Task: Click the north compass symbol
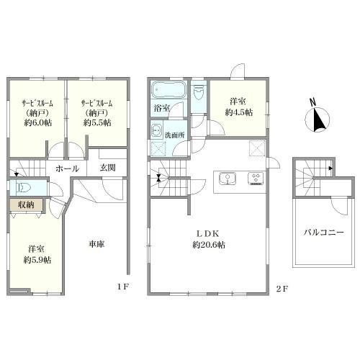tap(317, 120)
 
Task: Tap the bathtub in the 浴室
tap(168, 89)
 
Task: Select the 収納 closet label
tap(26, 205)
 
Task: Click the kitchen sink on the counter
tap(228, 179)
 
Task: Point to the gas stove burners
tap(256, 179)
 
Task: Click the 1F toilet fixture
tap(22, 186)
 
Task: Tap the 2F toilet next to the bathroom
tap(199, 93)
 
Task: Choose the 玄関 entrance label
tap(108, 168)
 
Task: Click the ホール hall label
tap(67, 168)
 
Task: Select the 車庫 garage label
tap(96, 244)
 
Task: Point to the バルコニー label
tap(324, 232)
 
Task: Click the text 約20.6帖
tap(209, 245)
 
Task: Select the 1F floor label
tap(123, 287)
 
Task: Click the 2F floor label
tap(282, 289)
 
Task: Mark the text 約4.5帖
tap(239, 112)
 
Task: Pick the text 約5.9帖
tap(37, 260)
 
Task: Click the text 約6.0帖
tap(37, 122)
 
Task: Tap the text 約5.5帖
tap(97, 122)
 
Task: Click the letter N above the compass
tap(312, 103)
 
